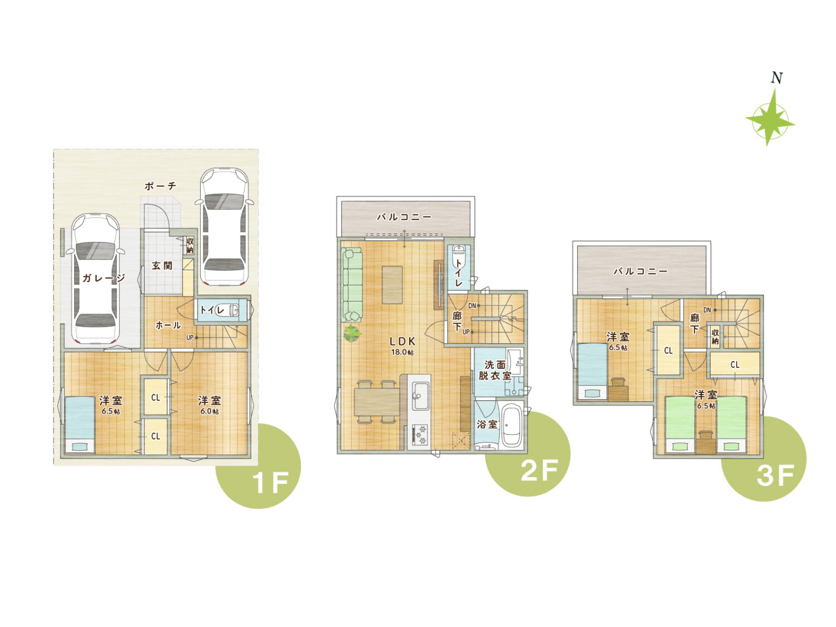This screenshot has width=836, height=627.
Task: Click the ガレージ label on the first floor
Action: [104, 278]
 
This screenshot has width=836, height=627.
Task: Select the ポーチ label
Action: [161, 186]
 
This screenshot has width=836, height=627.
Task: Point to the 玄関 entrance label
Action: [162, 266]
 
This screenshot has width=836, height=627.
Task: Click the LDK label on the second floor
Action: [402, 341]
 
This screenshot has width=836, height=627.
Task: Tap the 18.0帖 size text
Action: [402, 352]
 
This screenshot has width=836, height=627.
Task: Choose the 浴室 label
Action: [487, 424]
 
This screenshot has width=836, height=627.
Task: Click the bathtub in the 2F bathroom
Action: [511, 426]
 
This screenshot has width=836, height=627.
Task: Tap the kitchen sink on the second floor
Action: [421, 396]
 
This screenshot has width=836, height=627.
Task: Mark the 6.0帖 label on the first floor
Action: [210, 411]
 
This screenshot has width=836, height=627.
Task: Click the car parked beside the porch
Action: [225, 227]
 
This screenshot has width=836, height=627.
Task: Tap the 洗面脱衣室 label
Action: [495, 371]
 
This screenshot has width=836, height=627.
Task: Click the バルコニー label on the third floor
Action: [640, 271]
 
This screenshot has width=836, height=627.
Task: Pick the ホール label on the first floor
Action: [168, 325]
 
